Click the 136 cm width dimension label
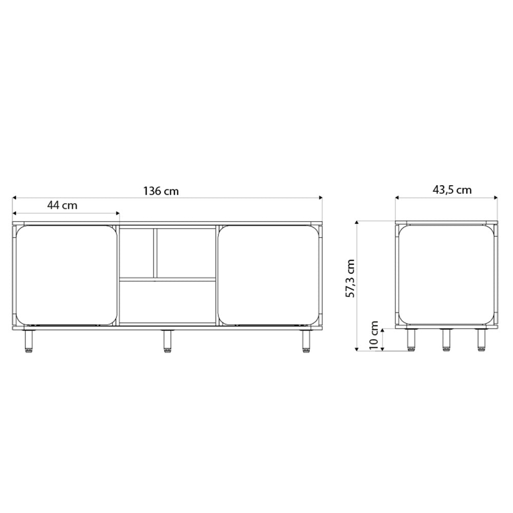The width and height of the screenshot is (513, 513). [161, 191]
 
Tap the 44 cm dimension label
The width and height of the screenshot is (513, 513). [62, 206]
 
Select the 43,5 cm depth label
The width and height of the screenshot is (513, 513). [452, 190]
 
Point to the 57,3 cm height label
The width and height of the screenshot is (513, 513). [350, 279]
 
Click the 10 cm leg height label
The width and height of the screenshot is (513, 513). [374, 336]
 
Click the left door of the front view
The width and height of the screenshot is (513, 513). [66, 275]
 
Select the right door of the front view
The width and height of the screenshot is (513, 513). [268, 275]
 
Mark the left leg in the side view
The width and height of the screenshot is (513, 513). [411, 339]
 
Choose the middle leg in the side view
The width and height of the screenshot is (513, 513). [446, 339]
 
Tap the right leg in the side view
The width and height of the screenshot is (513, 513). [481, 339]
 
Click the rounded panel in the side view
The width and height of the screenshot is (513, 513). [446, 275]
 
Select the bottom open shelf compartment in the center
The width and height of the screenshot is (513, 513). [167, 302]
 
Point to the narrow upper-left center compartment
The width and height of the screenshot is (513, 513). [136, 253]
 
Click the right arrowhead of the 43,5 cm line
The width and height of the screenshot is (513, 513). [496, 198]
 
